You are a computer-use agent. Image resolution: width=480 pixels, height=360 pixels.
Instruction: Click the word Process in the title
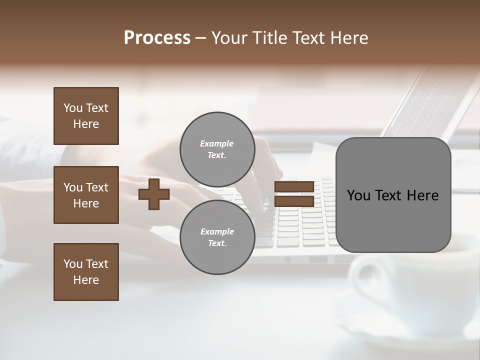157,38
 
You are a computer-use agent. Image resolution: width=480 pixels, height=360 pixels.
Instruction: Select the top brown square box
86,116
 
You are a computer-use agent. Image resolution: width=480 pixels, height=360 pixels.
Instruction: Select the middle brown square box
86,195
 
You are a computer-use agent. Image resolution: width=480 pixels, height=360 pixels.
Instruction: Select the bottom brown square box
86,272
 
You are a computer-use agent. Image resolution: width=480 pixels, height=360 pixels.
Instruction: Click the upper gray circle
217,149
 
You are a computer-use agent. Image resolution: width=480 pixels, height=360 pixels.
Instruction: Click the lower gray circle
217,237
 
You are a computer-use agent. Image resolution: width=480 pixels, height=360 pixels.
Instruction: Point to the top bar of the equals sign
294,187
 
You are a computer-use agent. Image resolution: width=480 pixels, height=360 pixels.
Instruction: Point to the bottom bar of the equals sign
294,201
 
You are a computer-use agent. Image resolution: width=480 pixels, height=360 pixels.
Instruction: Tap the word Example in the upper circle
216,143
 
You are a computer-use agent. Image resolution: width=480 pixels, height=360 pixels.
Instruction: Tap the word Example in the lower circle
216,231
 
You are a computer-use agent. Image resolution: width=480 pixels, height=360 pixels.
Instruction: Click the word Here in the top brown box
86,124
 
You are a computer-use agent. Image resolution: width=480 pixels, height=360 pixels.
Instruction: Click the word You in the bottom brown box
73,264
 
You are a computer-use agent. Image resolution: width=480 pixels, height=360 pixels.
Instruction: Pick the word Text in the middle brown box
97,187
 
